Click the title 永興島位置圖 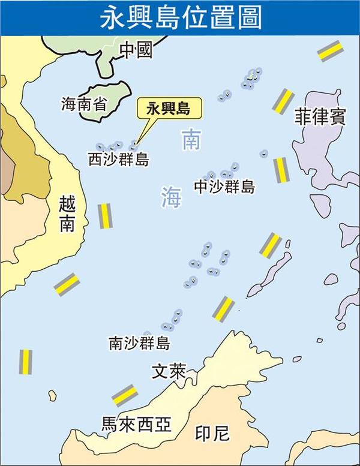pos(180,17)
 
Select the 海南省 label pos(83,104)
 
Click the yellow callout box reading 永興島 pos(169,109)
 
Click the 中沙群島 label pos(224,187)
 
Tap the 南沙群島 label pos(139,343)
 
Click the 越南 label pos(67,214)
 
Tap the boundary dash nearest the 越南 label pos(105,216)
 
